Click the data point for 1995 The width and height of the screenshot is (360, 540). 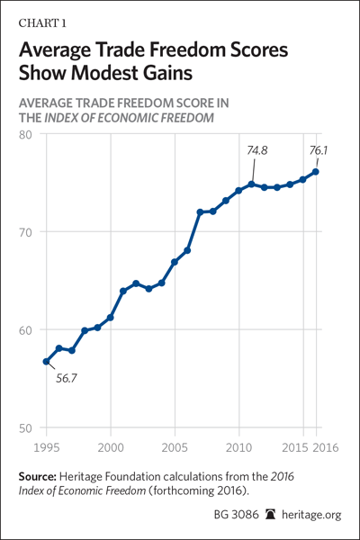[46, 362]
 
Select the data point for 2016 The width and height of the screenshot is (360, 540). [315, 172]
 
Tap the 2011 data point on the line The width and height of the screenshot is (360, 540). [251, 184]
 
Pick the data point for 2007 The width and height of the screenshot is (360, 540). [200, 211]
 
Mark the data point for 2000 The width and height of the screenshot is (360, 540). [110, 318]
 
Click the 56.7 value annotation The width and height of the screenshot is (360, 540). [67, 378]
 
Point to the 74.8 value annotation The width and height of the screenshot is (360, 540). [257, 150]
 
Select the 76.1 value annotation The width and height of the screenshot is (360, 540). [318, 150]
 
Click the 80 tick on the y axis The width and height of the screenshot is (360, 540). [25, 135]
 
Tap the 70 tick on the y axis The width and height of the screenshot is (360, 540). [25, 232]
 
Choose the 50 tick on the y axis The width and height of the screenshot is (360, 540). [25, 428]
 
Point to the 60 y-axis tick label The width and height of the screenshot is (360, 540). [25, 330]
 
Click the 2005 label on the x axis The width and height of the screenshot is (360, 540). [175, 447]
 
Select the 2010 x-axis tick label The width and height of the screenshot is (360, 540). [238, 447]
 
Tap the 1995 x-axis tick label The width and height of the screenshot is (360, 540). [47, 447]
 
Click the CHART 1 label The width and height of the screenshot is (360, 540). [42, 23]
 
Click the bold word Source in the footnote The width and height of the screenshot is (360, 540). [37, 477]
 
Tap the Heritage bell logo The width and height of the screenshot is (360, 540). [271, 515]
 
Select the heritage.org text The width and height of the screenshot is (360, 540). [311, 515]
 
